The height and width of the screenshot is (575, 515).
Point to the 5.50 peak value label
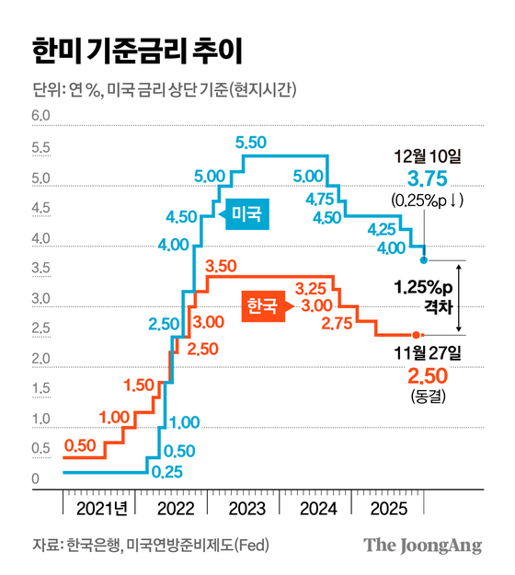250,143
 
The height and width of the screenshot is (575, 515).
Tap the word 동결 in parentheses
422,396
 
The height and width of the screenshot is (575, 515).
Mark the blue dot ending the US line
423,260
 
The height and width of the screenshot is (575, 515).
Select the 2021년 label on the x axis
98,507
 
